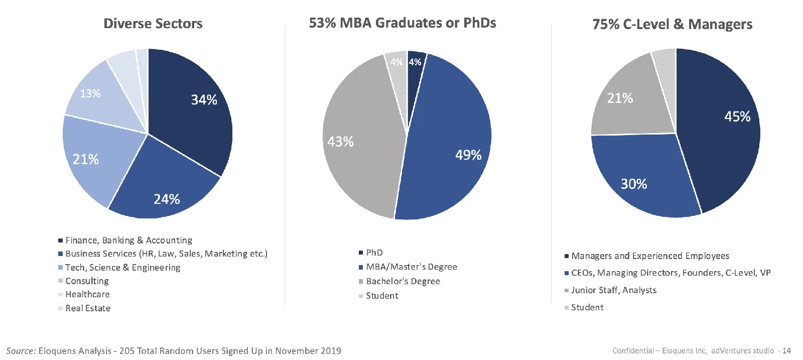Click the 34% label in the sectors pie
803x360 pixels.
point(204,100)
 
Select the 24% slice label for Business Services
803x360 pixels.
point(167,199)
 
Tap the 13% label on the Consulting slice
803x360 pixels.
point(90,93)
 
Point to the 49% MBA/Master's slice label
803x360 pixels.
point(468,155)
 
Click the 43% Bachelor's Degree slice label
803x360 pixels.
point(340,142)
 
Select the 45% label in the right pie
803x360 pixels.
point(737,116)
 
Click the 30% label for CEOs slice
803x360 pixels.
point(634,184)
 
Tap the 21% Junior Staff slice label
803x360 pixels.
point(620,98)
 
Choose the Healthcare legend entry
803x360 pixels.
point(84,294)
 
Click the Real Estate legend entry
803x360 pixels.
point(84,308)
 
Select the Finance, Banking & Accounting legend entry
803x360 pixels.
point(125,240)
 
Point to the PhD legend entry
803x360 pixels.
point(371,253)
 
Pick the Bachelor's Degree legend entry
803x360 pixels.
point(399,281)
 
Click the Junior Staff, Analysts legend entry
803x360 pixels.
point(610,290)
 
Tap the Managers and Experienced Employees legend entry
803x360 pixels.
point(647,256)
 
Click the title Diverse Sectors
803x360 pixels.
point(153,24)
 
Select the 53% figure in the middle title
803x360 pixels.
point(322,23)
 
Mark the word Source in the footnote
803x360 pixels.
point(21,350)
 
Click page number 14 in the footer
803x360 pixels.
point(786,350)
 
